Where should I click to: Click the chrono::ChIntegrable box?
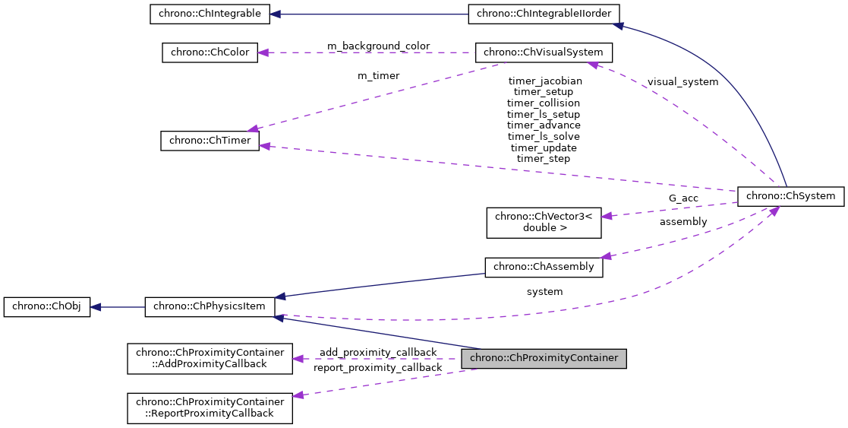tap(209, 14)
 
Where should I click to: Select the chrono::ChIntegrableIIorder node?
tap(544, 14)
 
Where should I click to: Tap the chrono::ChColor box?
tap(209, 52)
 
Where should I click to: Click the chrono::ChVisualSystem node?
tap(544, 52)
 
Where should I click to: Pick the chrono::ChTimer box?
tap(210, 141)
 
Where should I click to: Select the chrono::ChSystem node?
tap(790, 196)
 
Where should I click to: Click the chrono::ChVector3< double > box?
tap(544, 221)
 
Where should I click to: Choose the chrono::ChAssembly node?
tap(544, 267)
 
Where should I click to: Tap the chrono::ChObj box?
tap(47, 306)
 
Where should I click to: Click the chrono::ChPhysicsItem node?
tap(210, 306)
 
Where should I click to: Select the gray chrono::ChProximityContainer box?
tap(544, 358)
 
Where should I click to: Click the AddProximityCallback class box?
tap(210, 358)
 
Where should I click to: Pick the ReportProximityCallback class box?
tap(210, 407)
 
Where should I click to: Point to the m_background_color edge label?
tap(378, 46)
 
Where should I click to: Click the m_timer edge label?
tap(378, 76)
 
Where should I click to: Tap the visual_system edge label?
tap(682, 81)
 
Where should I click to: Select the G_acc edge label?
tap(683, 198)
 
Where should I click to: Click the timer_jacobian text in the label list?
tap(544, 81)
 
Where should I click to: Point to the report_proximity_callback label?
tap(377, 368)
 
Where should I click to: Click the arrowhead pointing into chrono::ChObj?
tap(96, 307)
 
